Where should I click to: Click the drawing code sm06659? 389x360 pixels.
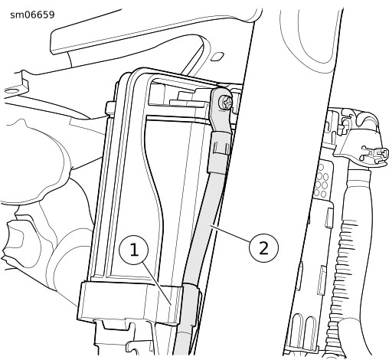pos(32,15)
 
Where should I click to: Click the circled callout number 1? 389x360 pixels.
pos(134,250)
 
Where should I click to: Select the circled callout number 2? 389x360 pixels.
pos(263,247)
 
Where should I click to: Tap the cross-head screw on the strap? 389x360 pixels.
pos(226,103)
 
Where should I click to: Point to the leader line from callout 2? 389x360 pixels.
pos(230,233)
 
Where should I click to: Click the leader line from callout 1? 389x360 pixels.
pos(157,283)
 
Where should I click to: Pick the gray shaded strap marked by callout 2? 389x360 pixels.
pos(204,230)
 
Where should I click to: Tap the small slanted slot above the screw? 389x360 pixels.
pos(217,57)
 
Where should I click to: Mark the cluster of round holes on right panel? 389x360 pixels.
pos(322,180)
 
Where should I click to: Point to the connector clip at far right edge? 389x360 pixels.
pos(374,153)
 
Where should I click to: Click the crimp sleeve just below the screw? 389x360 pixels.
pos(219,152)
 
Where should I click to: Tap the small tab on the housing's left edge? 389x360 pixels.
pos(110,108)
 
